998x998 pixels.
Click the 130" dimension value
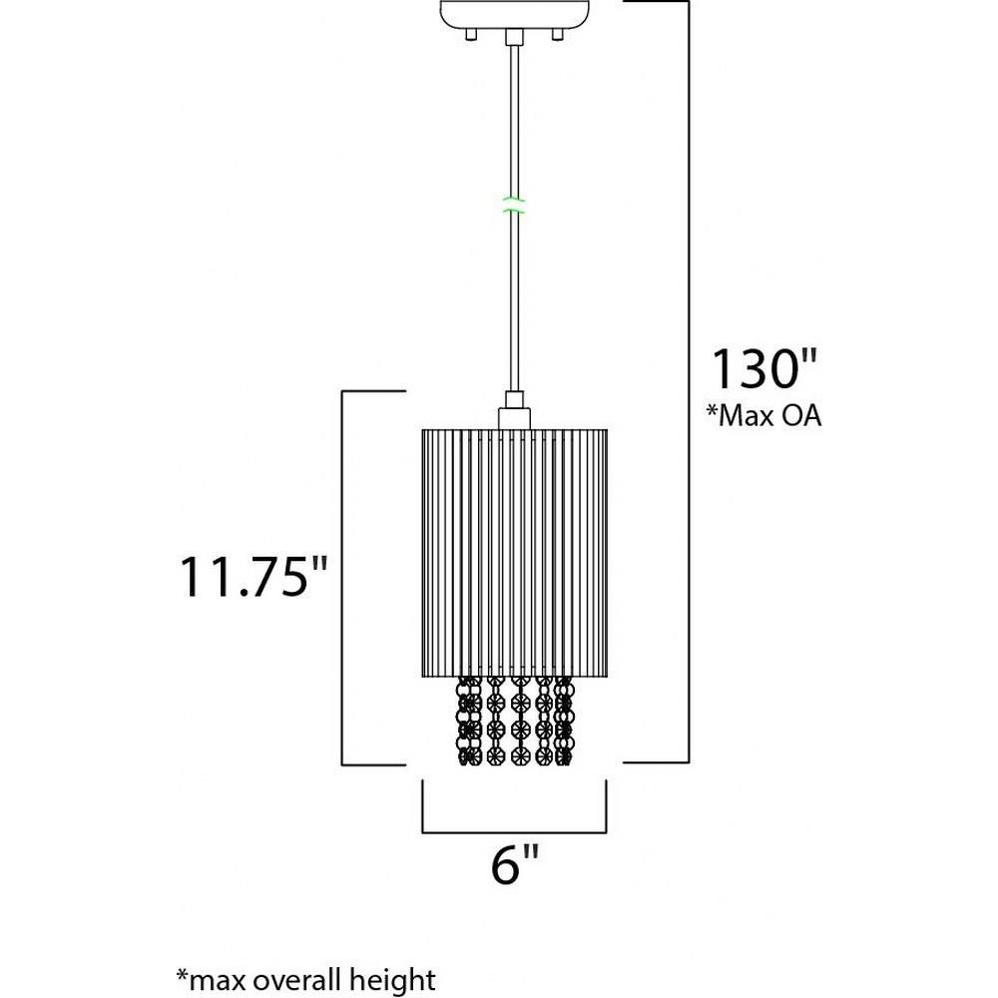coord(763,369)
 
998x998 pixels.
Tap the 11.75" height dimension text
coord(253,577)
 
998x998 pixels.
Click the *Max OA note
coord(763,415)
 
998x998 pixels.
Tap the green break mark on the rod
coord(514,205)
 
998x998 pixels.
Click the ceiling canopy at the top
coord(514,13)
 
